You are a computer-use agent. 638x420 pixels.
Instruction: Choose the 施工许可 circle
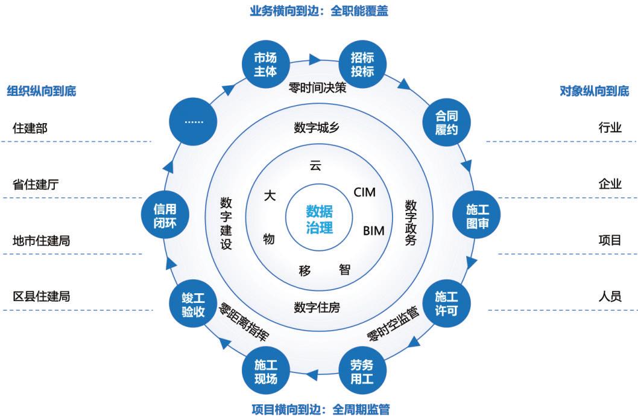[446, 304]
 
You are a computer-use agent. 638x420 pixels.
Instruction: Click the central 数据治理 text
[319, 220]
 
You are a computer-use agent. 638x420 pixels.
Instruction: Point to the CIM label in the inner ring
[364, 192]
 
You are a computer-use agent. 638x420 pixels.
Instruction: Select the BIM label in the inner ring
[374, 231]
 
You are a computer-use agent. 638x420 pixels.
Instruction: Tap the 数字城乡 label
[317, 128]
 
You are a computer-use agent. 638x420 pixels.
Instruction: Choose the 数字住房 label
[317, 308]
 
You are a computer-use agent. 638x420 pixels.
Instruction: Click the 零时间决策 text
[317, 87]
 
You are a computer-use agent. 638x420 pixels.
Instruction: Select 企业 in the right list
[610, 184]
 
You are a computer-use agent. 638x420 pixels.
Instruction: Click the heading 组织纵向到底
[42, 91]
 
